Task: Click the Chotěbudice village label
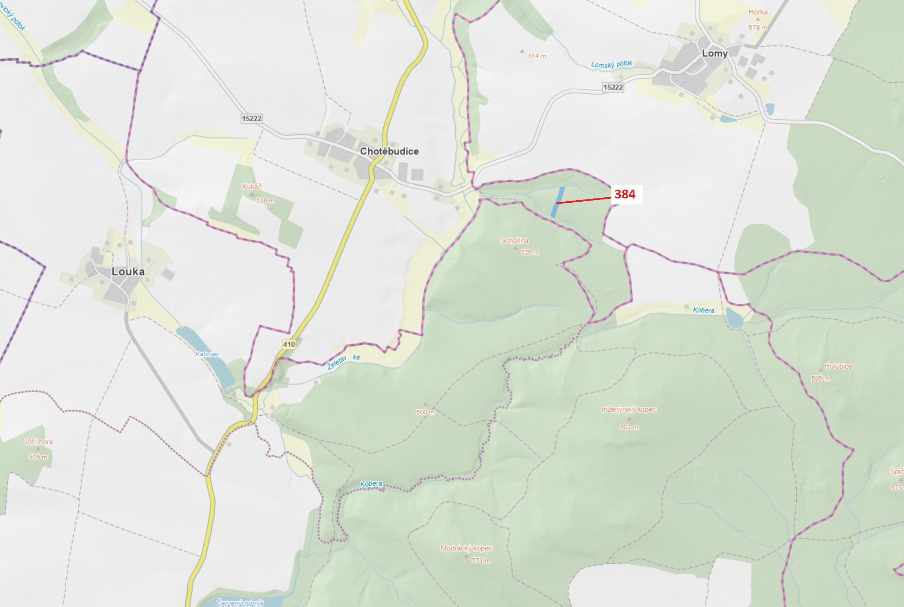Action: tap(389, 151)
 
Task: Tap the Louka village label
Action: tap(128, 272)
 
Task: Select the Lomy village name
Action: tap(714, 53)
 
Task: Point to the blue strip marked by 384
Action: tap(557, 202)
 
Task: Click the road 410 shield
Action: tap(289, 344)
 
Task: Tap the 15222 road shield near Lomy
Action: tap(613, 87)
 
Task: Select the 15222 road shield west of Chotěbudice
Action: tap(252, 118)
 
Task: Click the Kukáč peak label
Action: tap(252, 186)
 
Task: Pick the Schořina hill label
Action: tap(514, 240)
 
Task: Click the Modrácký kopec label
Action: tap(466, 548)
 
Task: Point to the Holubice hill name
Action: tap(838, 366)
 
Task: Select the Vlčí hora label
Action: tap(39, 442)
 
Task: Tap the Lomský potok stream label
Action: tap(611, 64)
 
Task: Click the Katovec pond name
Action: tap(207, 354)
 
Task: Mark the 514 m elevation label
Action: tap(537, 56)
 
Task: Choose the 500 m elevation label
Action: tap(425, 412)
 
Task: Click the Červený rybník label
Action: tap(240, 602)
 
